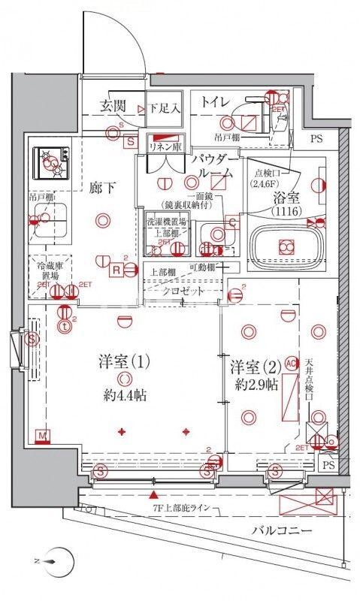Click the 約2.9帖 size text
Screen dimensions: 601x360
click(x=255, y=386)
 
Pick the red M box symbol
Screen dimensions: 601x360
click(x=43, y=434)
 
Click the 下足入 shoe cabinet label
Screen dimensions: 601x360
click(x=164, y=107)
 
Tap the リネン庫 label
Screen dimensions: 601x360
click(x=165, y=147)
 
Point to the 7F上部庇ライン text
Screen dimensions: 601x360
click(x=185, y=511)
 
